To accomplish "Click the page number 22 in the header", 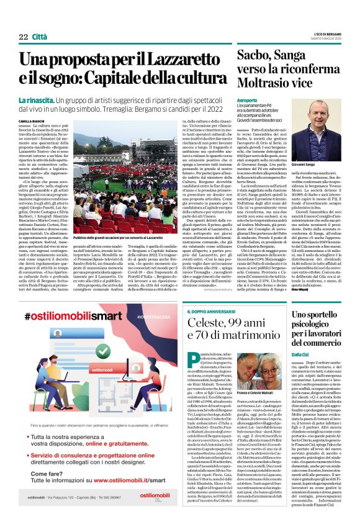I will pyautogui.click(x=23, y=37).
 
